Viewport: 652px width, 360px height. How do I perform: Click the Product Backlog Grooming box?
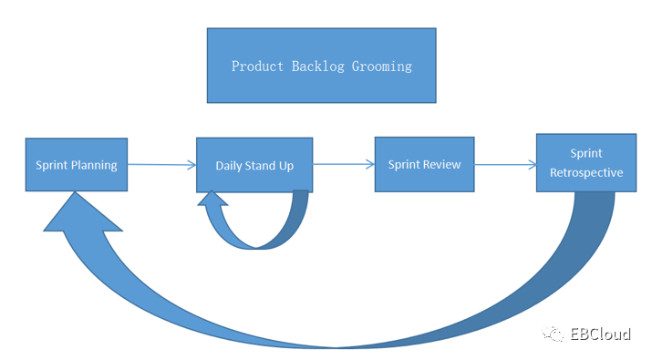point(321,66)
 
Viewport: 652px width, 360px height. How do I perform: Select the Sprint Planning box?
point(77,165)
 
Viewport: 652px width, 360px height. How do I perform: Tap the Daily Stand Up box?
point(254,165)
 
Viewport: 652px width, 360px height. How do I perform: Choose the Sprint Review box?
point(425,164)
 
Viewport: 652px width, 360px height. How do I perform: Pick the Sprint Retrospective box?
point(586,162)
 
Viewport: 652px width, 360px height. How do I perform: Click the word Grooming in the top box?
point(382,67)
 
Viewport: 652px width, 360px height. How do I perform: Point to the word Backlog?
point(317,67)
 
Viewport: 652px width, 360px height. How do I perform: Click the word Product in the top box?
point(257,67)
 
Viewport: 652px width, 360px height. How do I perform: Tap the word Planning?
point(94,166)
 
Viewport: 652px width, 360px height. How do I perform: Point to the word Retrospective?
point(586,172)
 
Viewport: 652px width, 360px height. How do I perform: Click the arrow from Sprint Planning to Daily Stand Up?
point(161,165)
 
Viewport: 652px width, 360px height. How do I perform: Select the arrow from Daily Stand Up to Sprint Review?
point(344,164)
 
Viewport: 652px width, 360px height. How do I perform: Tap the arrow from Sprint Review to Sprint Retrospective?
point(505,165)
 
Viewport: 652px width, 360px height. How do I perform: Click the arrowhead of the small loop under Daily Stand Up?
point(212,199)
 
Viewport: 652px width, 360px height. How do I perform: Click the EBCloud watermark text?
point(600,334)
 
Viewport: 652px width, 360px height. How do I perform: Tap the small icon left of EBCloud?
point(553,334)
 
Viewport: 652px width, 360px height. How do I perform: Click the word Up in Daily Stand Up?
point(286,166)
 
